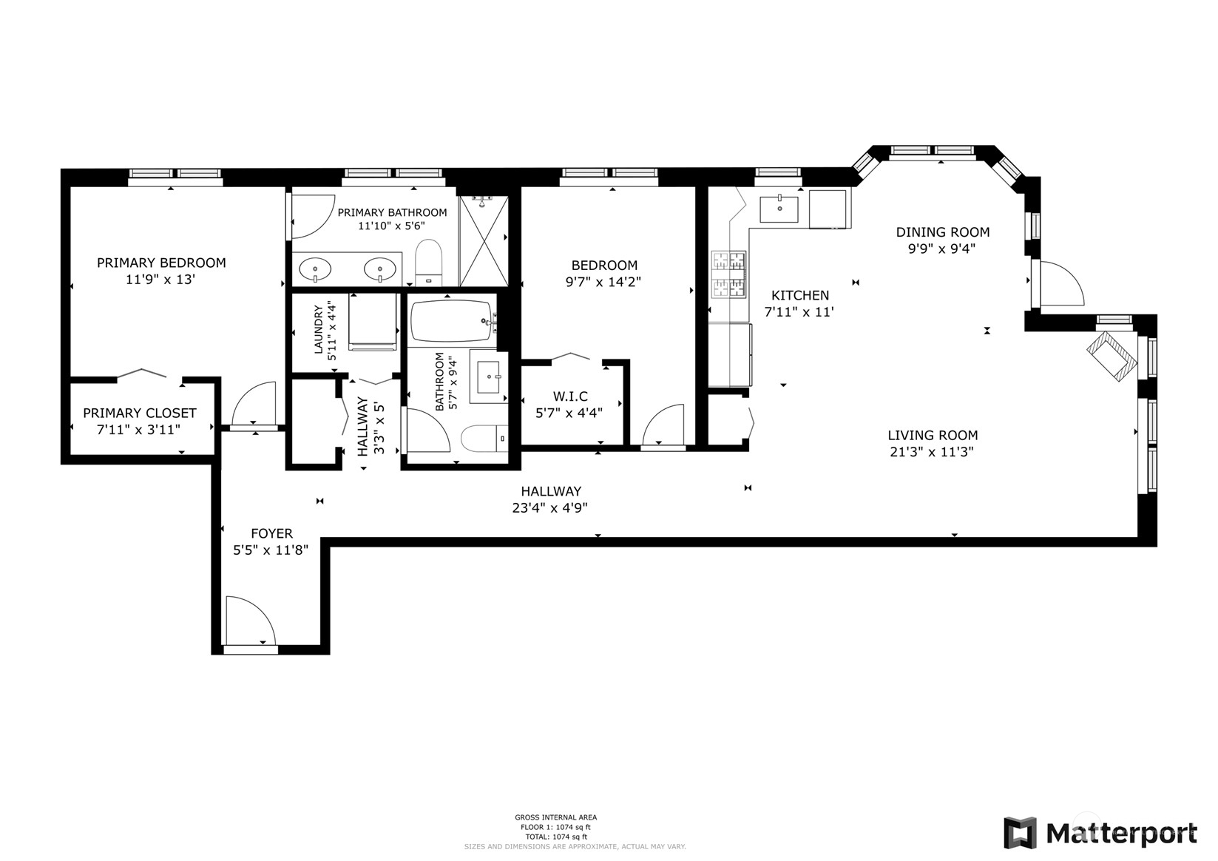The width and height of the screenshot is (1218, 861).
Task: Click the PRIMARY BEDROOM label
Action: (x=161, y=263)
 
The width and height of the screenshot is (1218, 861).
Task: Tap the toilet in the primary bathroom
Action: (x=428, y=263)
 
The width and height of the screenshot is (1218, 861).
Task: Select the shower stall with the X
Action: (x=484, y=241)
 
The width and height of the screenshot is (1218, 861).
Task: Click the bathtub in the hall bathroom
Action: (x=450, y=320)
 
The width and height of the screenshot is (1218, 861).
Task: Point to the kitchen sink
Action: (x=779, y=209)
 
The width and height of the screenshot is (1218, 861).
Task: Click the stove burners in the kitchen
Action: (x=729, y=274)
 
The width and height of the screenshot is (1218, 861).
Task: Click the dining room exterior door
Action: (x=1059, y=284)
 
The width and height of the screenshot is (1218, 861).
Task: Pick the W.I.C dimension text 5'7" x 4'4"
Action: (x=569, y=413)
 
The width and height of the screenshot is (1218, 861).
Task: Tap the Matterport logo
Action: (x=1100, y=834)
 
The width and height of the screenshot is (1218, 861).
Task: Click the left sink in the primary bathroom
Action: (x=316, y=269)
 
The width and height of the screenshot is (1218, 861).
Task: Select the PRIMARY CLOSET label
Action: (x=140, y=413)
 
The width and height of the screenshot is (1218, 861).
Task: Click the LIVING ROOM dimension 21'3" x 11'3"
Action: (x=932, y=452)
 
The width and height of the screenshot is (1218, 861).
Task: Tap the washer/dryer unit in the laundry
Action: (x=373, y=323)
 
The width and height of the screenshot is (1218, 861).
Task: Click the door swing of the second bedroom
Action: (x=663, y=425)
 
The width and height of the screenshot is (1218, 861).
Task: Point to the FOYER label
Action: (x=271, y=533)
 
